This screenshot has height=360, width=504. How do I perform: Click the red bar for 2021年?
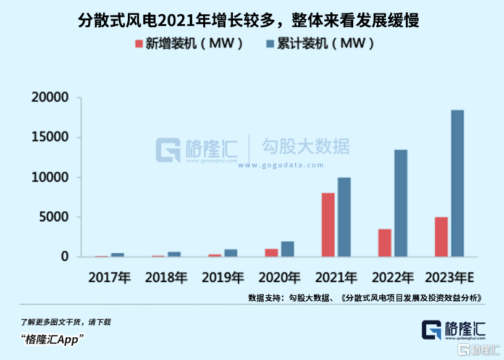[328, 225]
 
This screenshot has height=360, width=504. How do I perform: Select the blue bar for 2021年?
[344, 217]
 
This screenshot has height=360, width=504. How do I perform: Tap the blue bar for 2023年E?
[458, 183]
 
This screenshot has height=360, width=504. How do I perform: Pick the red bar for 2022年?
[384, 243]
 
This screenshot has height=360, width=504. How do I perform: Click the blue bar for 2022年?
[401, 203]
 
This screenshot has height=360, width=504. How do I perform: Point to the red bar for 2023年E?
[441, 237]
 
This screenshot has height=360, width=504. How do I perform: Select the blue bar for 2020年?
[288, 249]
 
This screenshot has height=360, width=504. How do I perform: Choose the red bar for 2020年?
[271, 253]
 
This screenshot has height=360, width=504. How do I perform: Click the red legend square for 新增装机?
[140, 44]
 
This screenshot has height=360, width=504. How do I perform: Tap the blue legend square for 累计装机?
[271, 44]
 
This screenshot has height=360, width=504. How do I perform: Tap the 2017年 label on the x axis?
[109, 277]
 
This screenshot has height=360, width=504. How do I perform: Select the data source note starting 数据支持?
[364, 298]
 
